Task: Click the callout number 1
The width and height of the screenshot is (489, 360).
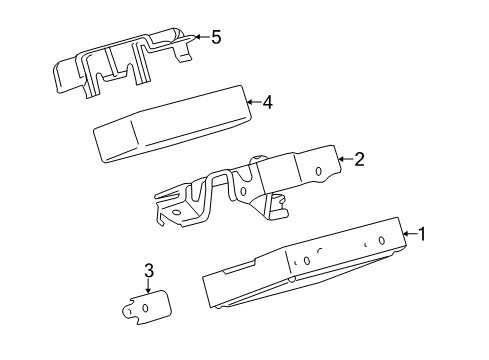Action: click(423, 235)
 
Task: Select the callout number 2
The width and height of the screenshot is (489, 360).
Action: click(359, 157)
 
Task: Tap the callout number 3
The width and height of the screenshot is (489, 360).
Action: click(148, 270)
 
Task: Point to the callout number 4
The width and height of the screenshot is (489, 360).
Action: click(267, 101)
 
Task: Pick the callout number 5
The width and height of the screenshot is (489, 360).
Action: click(215, 38)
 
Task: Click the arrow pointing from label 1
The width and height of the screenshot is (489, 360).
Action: click(409, 235)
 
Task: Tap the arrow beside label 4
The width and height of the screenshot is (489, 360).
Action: click(253, 101)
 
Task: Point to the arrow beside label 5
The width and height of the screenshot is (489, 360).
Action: click(200, 38)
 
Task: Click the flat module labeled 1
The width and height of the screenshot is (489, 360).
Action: click(300, 265)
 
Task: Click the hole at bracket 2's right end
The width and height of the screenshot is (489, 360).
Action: click(319, 171)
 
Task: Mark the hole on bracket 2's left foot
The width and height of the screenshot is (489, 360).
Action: click(177, 211)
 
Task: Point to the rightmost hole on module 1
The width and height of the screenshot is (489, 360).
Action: click(382, 240)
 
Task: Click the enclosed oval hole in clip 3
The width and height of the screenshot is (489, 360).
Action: click(147, 309)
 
